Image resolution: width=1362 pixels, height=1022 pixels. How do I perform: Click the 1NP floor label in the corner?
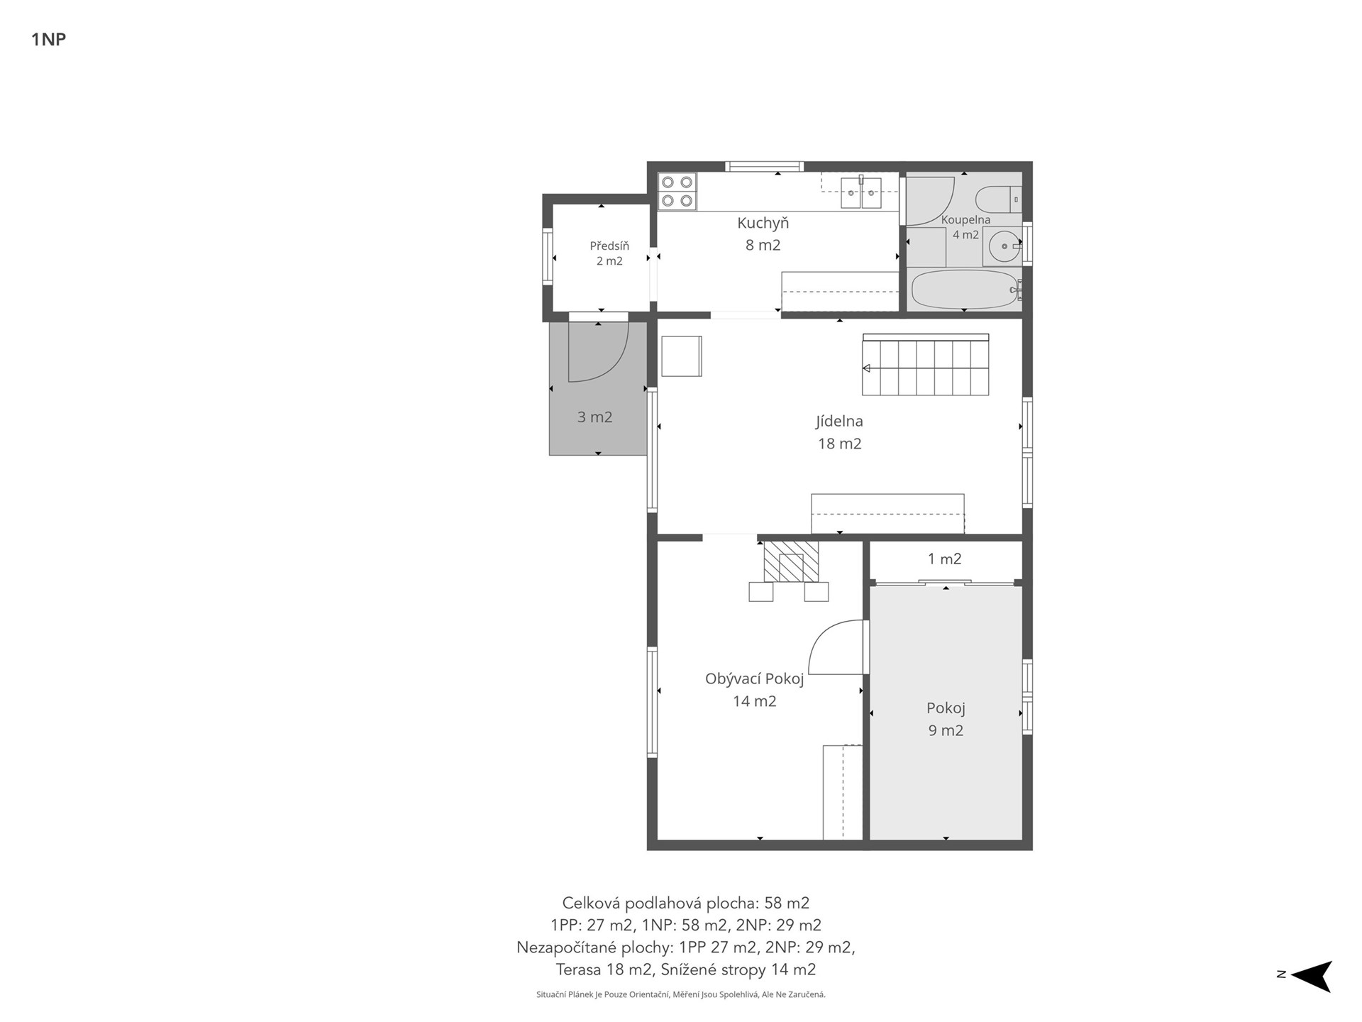(x=48, y=40)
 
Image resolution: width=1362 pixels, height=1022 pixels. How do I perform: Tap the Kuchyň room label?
(x=763, y=223)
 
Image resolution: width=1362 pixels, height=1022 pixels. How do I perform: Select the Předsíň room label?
(x=609, y=246)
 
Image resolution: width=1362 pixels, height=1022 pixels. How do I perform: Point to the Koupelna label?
(x=965, y=220)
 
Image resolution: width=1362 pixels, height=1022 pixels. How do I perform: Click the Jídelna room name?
(x=839, y=421)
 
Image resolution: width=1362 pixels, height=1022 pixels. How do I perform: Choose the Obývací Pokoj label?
(x=754, y=679)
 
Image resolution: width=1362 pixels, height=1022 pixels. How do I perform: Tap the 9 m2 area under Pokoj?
(x=946, y=730)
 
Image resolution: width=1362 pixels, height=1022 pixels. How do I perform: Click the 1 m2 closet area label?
(x=944, y=559)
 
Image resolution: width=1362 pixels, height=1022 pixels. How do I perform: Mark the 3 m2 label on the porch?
(x=594, y=417)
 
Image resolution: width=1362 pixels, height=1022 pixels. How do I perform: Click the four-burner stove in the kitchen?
(x=677, y=192)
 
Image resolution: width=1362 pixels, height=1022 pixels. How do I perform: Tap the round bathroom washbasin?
(x=1005, y=246)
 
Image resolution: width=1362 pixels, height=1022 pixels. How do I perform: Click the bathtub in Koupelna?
(x=966, y=289)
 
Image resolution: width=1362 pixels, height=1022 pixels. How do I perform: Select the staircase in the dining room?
(x=926, y=365)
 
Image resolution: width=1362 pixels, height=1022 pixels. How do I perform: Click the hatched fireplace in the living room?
(x=790, y=561)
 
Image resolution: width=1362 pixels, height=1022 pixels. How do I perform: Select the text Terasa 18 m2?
(x=604, y=969)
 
